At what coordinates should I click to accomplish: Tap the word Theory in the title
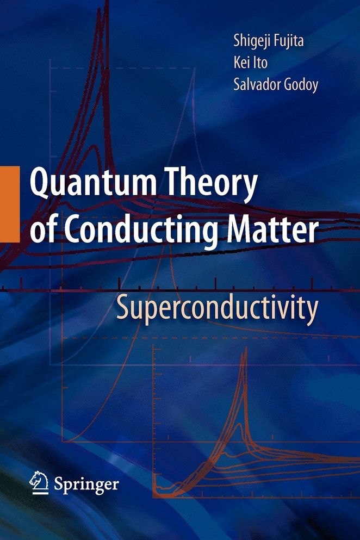221,185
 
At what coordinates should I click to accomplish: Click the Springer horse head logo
40,482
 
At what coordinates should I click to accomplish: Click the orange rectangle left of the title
9,204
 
